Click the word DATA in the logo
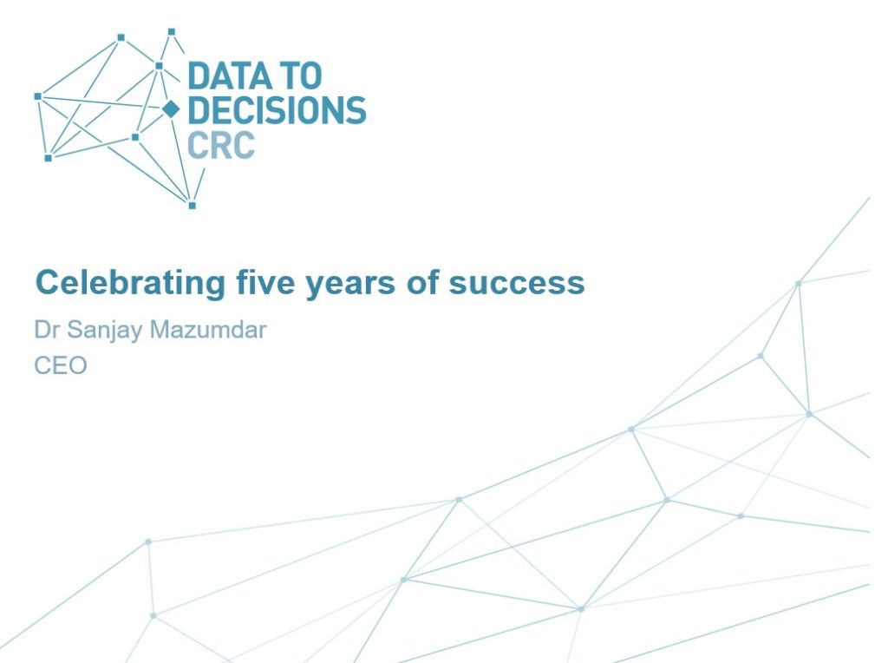point(226,76)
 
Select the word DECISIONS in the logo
point(277,110)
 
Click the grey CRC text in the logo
point(221,145)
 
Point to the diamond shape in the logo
point(171,108)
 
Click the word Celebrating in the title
point(130,282)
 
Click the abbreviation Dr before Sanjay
point(47,329)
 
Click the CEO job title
point(61,365)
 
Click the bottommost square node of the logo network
point(192,205)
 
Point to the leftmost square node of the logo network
point(38,96)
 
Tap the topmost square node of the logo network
point(172,32)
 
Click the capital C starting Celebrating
point(46,282)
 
